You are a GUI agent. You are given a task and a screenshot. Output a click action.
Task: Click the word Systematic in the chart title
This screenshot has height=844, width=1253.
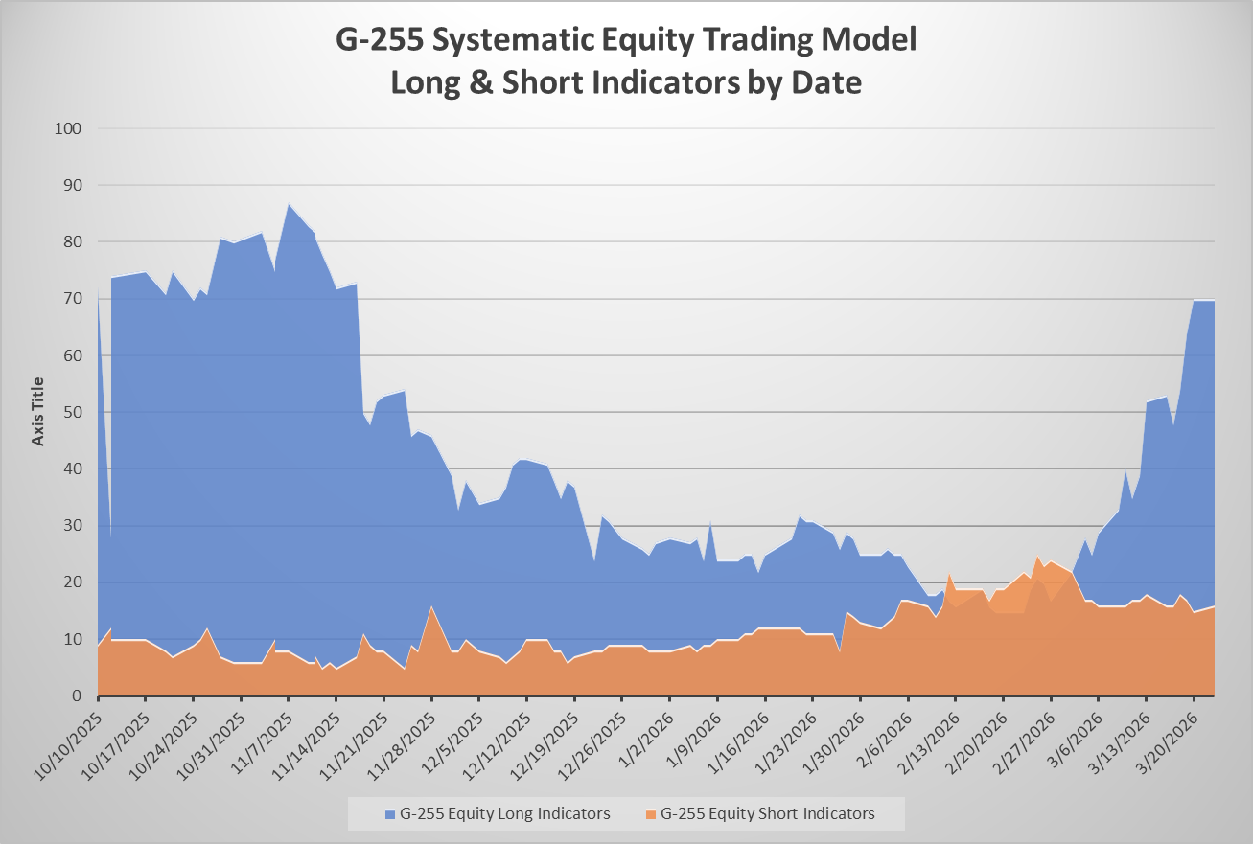tap(510, 40)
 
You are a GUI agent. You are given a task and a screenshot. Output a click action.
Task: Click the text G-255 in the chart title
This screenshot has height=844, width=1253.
tap(380, 39)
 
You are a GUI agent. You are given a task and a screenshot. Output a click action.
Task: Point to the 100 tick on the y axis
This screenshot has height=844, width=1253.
tap(68, 128)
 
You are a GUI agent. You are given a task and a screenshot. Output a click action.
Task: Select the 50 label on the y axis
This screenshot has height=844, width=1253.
tap(73, 412)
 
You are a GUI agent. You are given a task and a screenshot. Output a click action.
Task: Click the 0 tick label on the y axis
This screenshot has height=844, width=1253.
tap(78, 696)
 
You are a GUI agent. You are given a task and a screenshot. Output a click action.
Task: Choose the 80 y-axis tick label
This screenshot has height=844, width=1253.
tap(73, 241)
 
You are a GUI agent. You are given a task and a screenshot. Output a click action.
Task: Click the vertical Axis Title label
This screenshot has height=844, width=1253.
tap(37, 411)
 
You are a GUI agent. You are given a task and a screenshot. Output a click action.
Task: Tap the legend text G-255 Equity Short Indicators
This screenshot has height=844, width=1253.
tap(768, 813)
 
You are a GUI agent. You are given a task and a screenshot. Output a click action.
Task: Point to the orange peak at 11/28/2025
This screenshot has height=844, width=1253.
tap(431, 606)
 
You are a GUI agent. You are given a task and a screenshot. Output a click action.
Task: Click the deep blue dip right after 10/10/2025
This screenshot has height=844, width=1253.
tap(111, 536)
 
